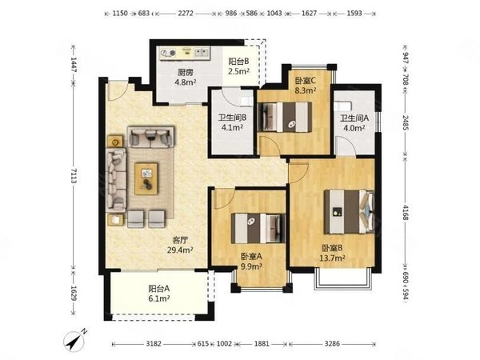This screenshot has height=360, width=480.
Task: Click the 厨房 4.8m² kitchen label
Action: [x=186, y=77]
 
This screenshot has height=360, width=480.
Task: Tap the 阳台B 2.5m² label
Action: [x=238, y=66]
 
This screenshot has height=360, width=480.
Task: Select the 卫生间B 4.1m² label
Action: [x=232, y=122]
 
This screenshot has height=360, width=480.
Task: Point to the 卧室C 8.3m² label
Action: [x=306, y=86]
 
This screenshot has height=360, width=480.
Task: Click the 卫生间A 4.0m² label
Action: [x=354, y=122]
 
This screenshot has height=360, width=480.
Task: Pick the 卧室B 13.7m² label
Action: [x=332, y=253]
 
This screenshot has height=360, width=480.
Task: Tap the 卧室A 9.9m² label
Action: [x=251, y=262]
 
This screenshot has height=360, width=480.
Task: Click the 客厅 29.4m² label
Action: [x=180, y=245]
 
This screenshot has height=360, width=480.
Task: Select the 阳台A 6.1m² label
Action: [x=159, y=294]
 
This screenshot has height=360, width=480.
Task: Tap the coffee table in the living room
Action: [x=146, y=178]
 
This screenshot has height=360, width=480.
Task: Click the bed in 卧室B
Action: [x=350, y=211]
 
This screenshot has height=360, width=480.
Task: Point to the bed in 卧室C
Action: [x=285, y=118]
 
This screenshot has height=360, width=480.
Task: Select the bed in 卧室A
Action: [x=258, y=228]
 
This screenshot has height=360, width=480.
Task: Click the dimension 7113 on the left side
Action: [x=74, y=176]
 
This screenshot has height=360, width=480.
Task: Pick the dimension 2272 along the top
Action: [x=186, y=14]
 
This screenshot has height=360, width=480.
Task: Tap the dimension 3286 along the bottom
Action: [x=332, y=344]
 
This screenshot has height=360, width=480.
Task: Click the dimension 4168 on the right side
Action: [x=406, y=212]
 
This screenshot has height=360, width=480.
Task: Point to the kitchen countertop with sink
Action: [x=185, y=53]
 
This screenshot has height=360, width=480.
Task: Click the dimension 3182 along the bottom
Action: [x=154, y=344]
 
